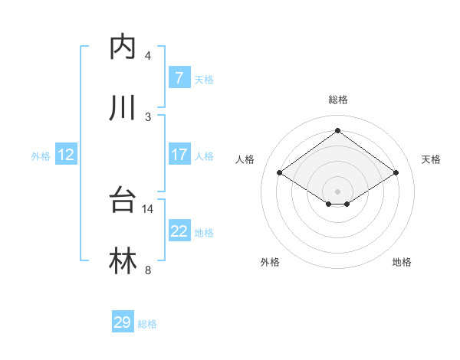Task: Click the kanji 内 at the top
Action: click(x=123, y=47)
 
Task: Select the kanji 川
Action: click(x=123, y=108)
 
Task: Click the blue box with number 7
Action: click(x=179, y=77)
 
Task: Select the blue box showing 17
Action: click(x=179, y=155)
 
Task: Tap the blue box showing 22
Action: click(x=179, y=231)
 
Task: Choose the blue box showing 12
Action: click(x=65, y=155)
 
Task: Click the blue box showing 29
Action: click(x=123, y=322)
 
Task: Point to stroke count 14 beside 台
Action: click(x=148, y=208)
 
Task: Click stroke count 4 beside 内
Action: click(x=148, y=55)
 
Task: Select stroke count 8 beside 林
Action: click(x=148, y=270)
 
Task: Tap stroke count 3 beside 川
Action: click(x=148, y=116)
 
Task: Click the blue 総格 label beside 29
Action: click(x=147, y=324)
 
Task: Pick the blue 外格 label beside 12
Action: click(x=41, y=156)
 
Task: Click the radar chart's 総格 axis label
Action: click(x=337, y=100)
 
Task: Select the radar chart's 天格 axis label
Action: click(x=431, y=159)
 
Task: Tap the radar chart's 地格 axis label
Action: click(x=402, y=262)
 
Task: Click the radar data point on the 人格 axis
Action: click(x=280, y=173)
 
